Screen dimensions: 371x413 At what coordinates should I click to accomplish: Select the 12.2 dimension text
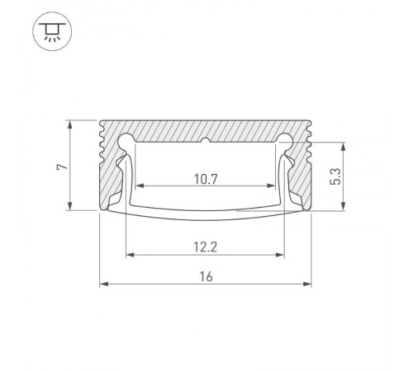pyautogui.click(x=206, y=245)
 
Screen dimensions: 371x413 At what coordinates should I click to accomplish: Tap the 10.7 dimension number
pyautogui.click(x=206, y=177)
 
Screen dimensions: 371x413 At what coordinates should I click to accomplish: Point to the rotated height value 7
pyautogui.click(x=60, y=167)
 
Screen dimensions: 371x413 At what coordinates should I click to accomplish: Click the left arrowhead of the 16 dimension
pyautogui.click(x=103, y=285)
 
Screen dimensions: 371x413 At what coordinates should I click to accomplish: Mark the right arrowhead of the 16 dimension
pyautogui.click(x=308, y=285)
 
